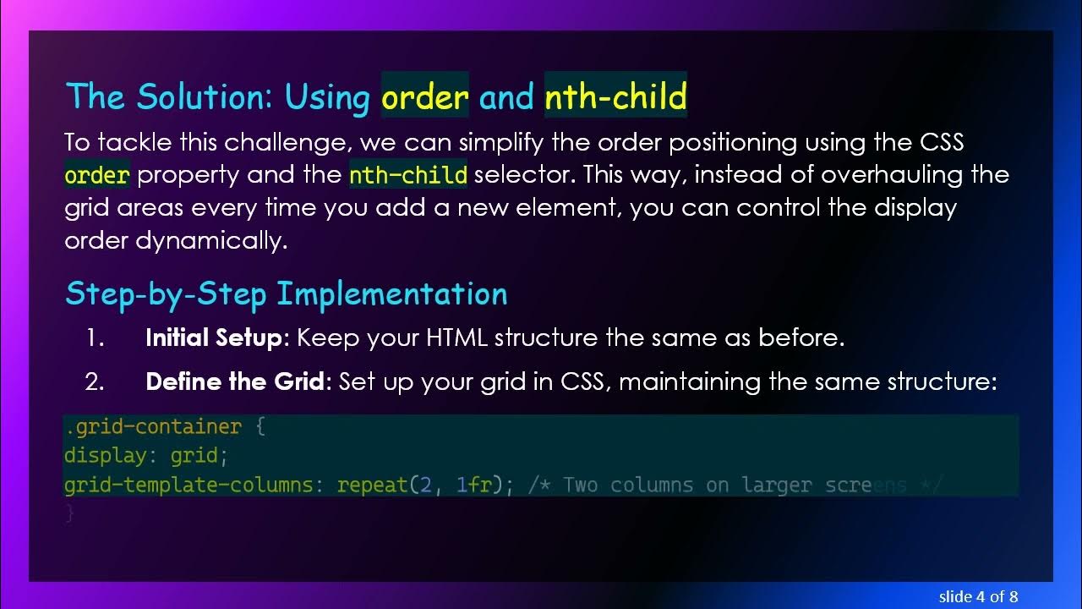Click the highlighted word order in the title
pos(425,96)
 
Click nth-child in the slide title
pos(615,96)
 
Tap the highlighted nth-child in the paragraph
pos(408,175)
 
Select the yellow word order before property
pos(97,175)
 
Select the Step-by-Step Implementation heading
pos(286,294)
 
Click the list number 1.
pos(94,338)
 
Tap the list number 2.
pos(95,381)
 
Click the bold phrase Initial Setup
pos(215,338)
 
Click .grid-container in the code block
pos(153,427)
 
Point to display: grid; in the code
pos(146,456)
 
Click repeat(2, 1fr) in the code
pos(421,486)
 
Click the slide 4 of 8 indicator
pos(978,596)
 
